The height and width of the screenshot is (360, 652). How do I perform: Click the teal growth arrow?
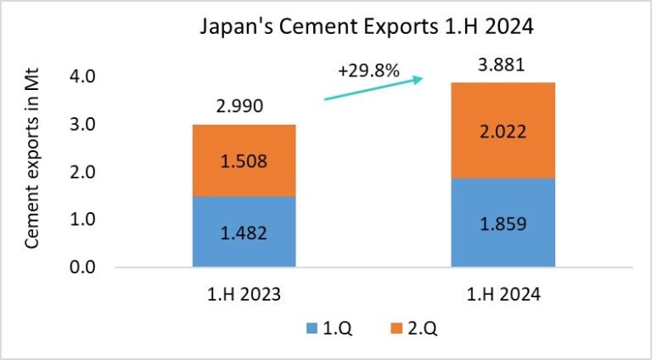tap(374, 89)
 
